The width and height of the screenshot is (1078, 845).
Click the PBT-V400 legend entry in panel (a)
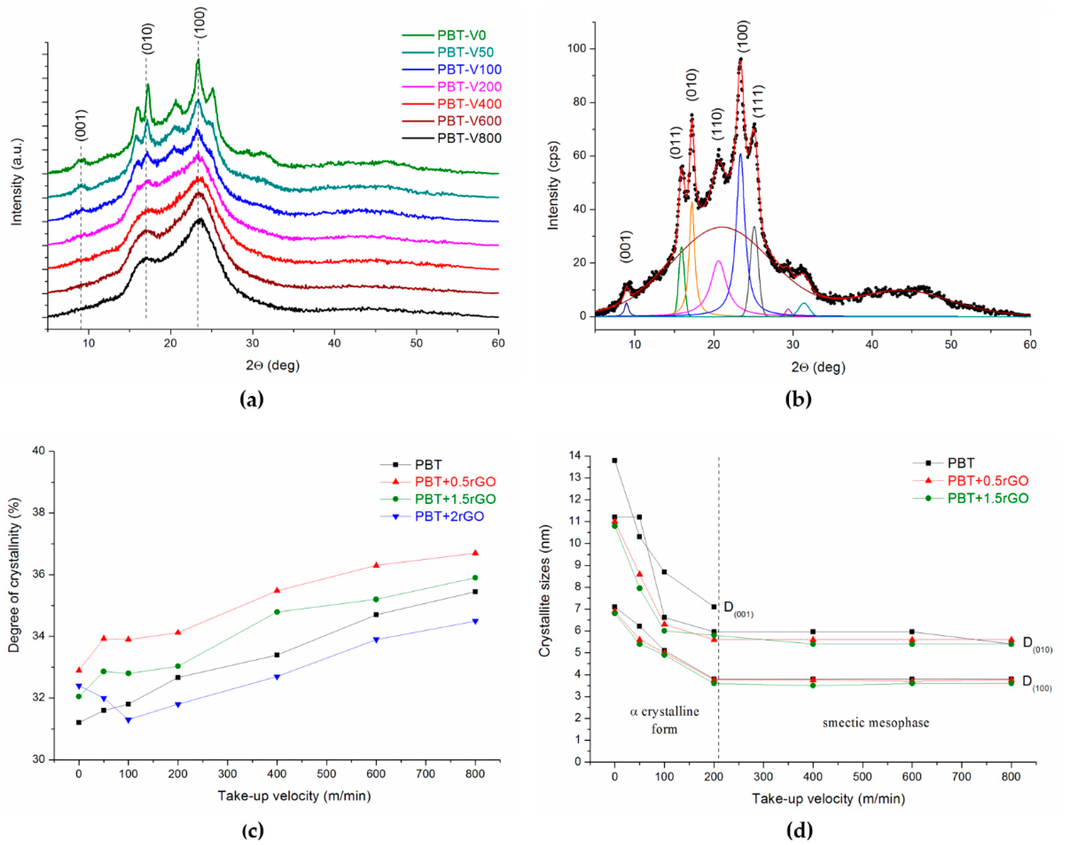pyautogui.click(x=469, y=104)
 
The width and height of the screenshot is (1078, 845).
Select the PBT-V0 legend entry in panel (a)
pyautogui.click(x=461, y=35)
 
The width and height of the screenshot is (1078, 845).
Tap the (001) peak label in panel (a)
pyautogui.click(x=82, y=125)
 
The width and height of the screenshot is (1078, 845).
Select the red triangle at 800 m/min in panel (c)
pyautogui.click(x=475, y=553)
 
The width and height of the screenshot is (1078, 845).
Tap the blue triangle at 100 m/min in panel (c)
pyautogui.click(x=129, y=720)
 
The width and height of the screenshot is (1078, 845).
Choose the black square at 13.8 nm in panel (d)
pyautogui.click(x=615, y=460)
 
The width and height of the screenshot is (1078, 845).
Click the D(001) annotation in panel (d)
pyautogui.click(x=738, y=609)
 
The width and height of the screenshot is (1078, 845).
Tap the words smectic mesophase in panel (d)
pyautogui.click(x=876, y=723)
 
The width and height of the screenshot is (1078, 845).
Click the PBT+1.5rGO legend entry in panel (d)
pyautogui.click(x=987, y=498)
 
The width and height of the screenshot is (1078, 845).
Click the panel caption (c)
pyautogui.click(x=252, y=831)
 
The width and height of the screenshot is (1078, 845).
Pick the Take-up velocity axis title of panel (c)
pyautogui.click(x=294, y=796)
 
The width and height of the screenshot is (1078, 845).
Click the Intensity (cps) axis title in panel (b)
pyautogui.click(x=553, y=185)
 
